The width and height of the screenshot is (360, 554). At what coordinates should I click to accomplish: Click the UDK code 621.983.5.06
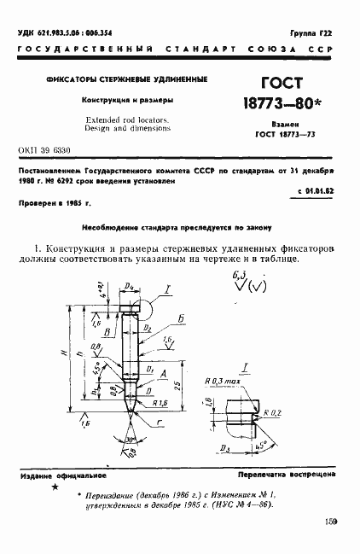pyautogui.click(x=65, y=32)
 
